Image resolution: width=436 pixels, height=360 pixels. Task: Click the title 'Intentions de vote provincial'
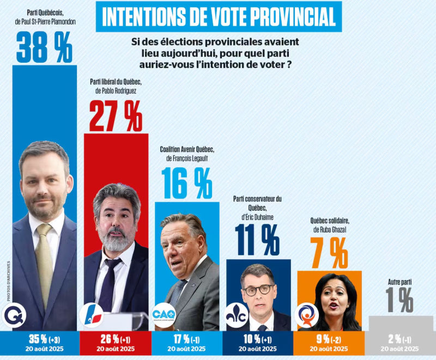(x=219, y=17)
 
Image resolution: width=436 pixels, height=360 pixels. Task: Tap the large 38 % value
(x=44, y=48)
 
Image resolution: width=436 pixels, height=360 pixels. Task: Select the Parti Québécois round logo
(x=14, y=316)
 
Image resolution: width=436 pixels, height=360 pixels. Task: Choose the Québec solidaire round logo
(x=305, y=316)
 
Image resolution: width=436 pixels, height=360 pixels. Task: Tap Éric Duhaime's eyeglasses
(x=258, y=289)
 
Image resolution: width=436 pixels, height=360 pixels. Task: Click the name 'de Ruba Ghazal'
(x=330, y=229)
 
